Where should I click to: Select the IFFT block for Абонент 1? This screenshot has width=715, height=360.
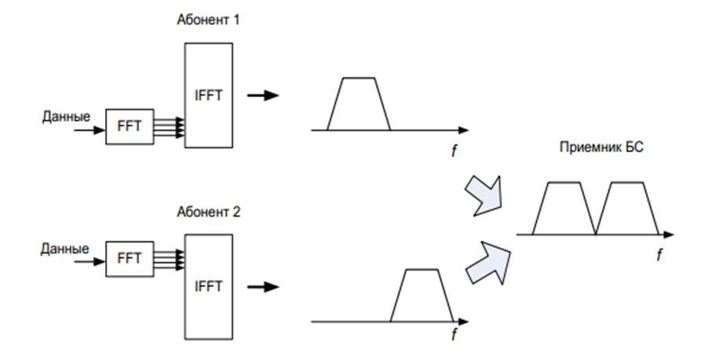point(208,95)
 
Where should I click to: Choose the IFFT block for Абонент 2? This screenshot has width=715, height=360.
point(208,286)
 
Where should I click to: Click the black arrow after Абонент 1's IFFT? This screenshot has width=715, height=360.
point(264,96)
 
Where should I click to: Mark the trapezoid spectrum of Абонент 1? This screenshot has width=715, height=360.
point(359,106)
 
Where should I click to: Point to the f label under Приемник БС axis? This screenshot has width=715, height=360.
point(658,255)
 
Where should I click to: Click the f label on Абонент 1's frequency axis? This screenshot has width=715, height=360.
point(453,151)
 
